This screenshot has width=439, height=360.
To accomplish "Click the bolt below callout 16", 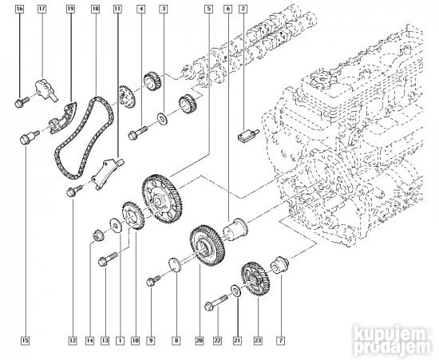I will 20,101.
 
